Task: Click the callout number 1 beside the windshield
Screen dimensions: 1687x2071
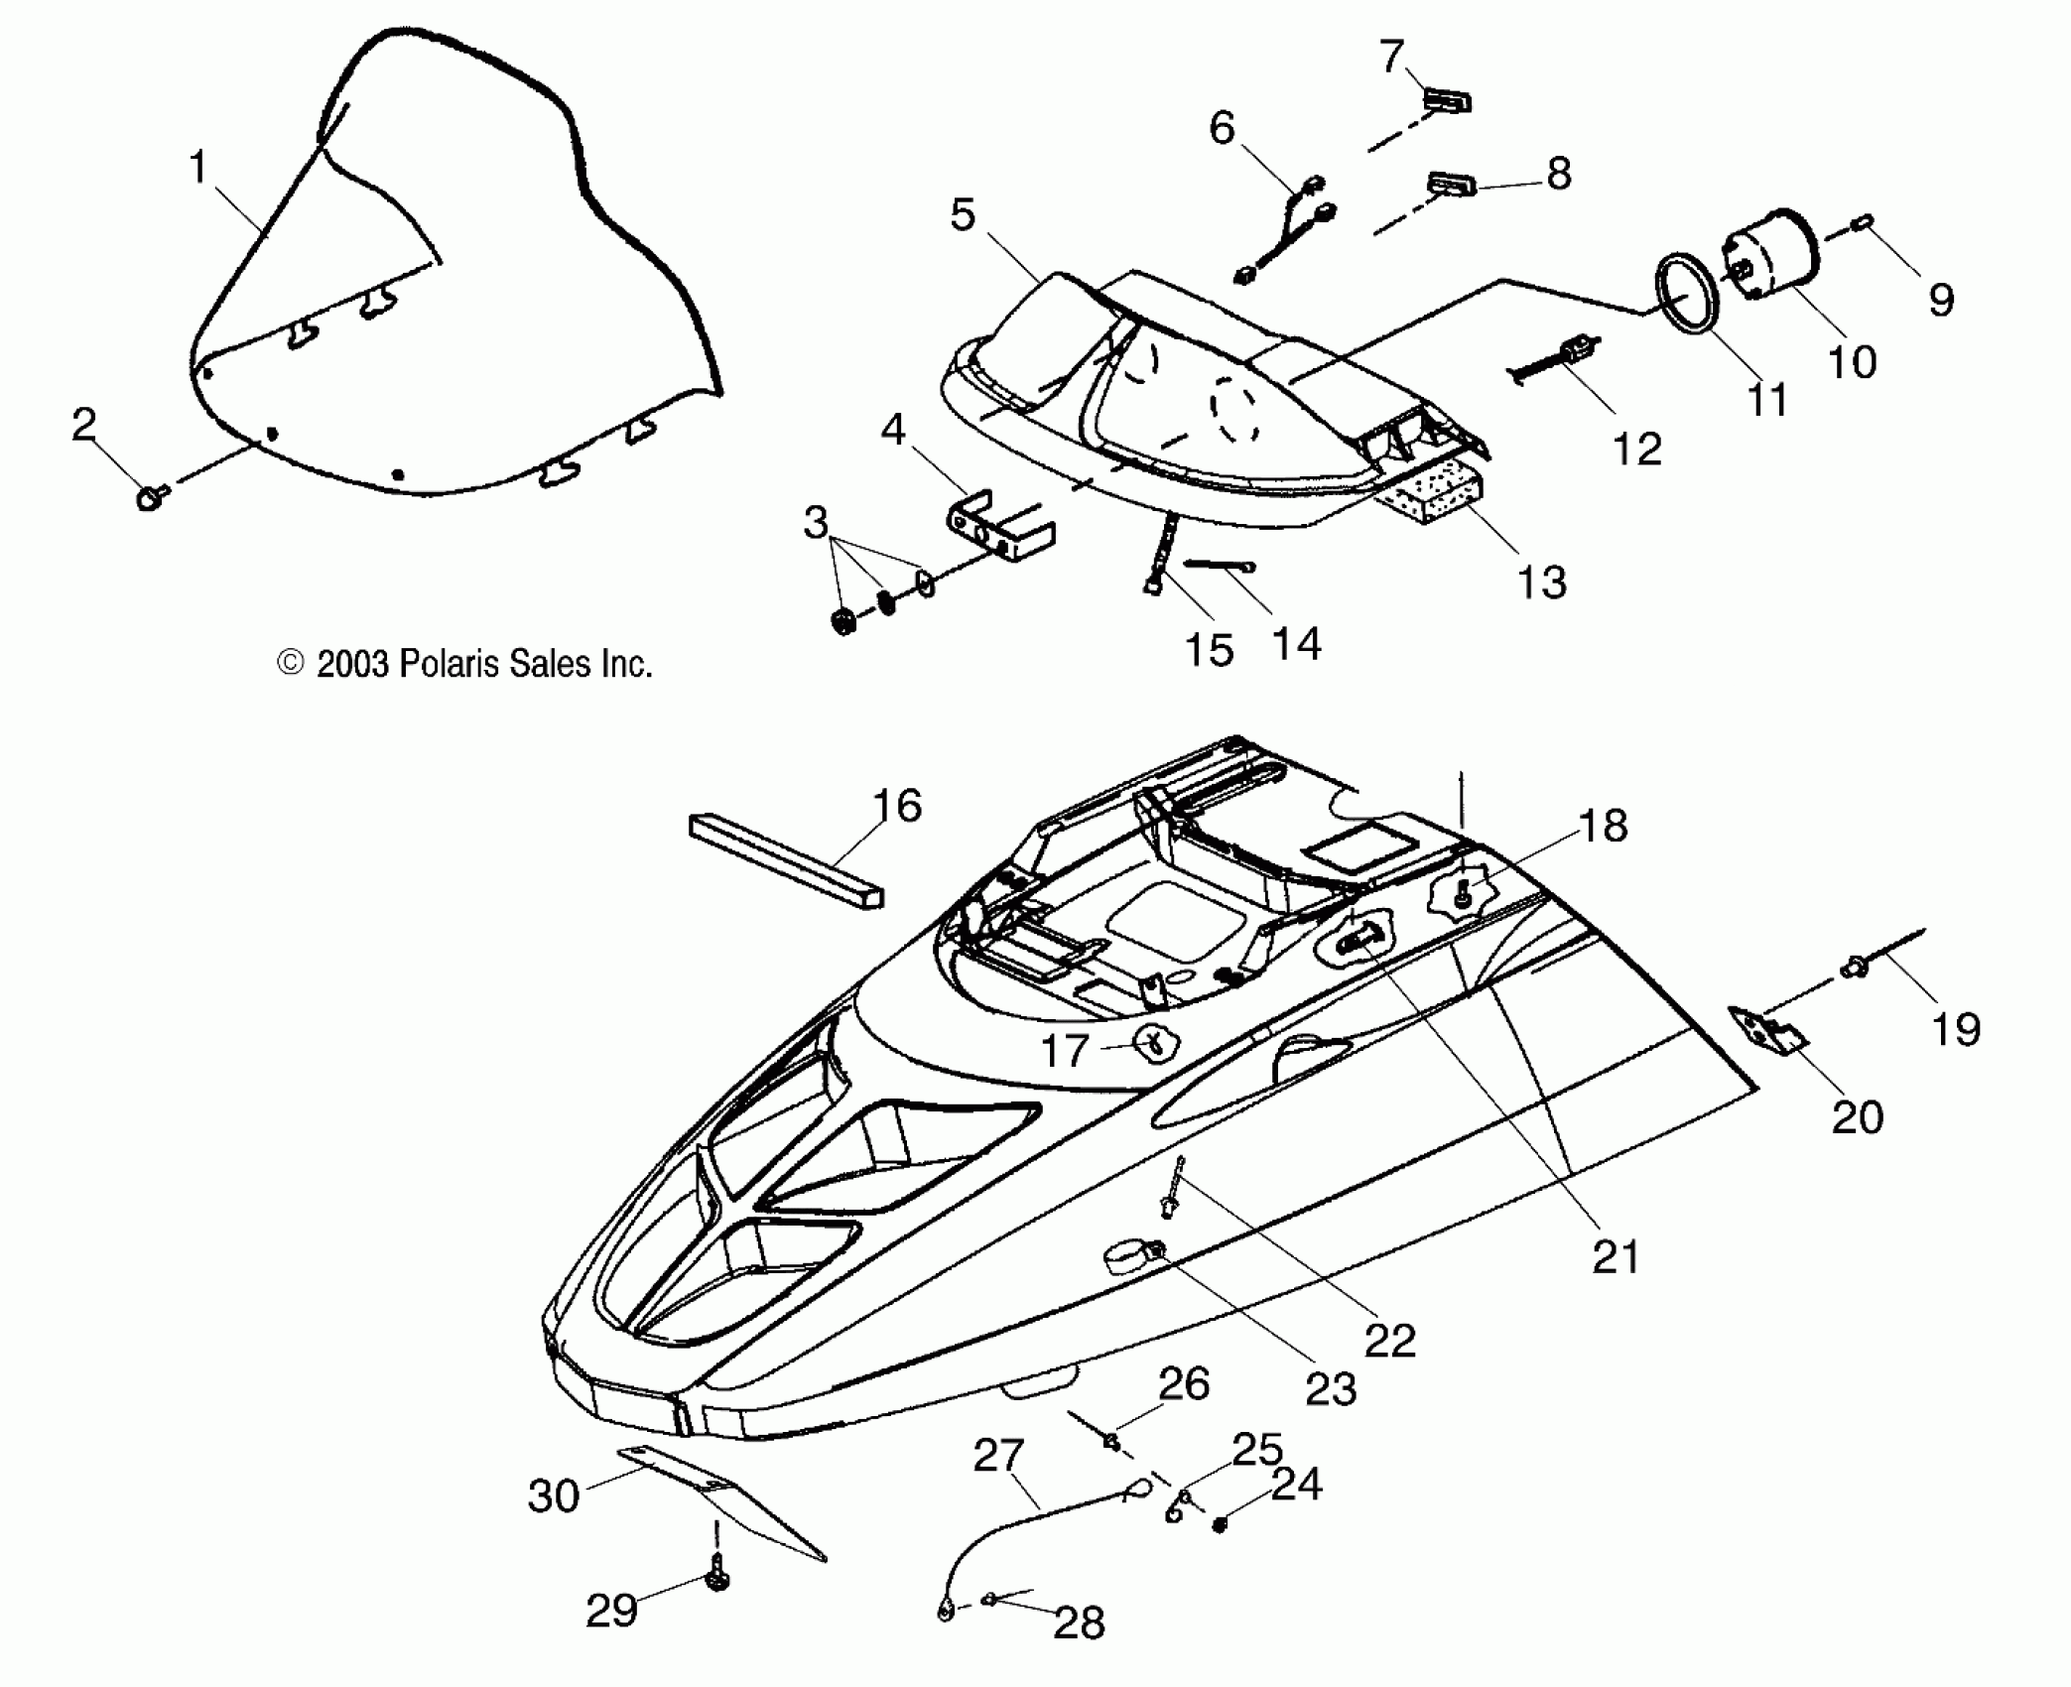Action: (199, 167)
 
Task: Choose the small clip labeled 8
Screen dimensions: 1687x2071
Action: (1452, 186)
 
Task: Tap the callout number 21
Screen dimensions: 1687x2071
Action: (1616, 1257)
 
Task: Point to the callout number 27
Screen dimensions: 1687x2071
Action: (997, 1456)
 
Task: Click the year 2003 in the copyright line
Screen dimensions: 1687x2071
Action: (352, 664)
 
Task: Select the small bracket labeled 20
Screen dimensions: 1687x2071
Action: (1766, 1033)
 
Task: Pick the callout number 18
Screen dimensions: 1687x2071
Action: (1603, 826)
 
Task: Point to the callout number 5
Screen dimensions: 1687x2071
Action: (963, 214)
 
